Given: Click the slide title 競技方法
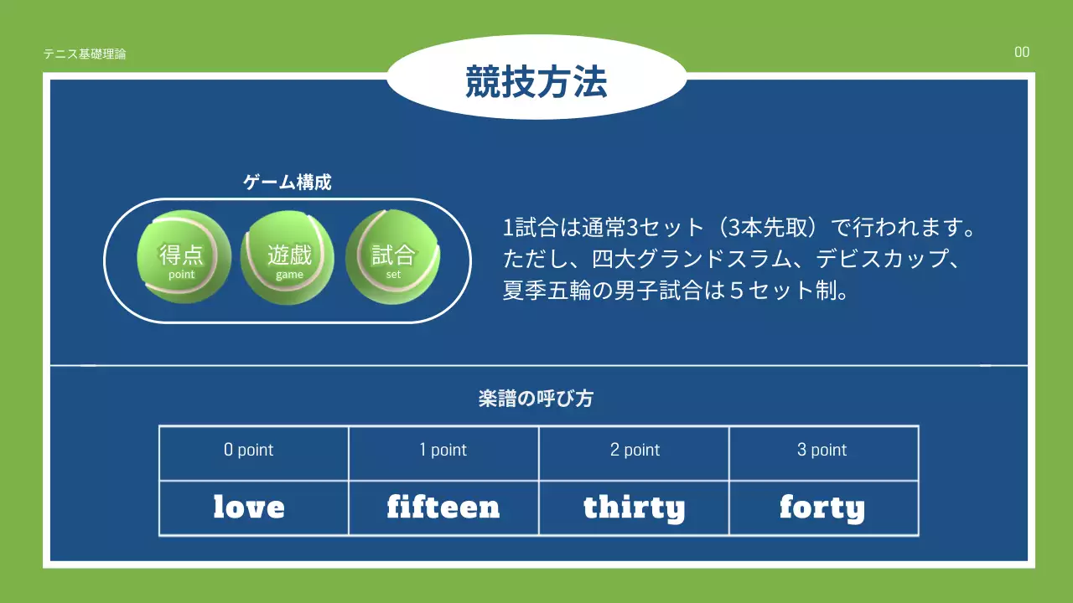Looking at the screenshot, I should [x=536, y=83].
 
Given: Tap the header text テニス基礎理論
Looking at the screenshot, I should [x=85, y=54].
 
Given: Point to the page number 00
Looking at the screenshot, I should [x=1022, y=53].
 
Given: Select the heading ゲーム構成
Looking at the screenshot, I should [x=288, y=183].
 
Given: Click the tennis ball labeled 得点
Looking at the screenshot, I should [x=183, y=256].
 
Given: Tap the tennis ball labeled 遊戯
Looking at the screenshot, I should [x=288, y=256].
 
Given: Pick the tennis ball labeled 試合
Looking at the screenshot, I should [x=393, y=256].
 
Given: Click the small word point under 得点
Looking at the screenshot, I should [x=181, y=275].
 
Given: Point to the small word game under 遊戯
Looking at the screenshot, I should [x=289, y=275].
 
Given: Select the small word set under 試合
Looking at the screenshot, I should [x=393, y=275].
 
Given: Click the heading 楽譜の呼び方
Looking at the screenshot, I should [x=536, y=399].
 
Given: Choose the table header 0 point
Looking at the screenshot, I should [x=249, y=451].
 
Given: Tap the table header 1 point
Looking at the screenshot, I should [x=443, y=451].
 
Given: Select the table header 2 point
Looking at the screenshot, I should [x=635, y=451].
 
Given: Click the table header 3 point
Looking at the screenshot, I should [x=822, y=451].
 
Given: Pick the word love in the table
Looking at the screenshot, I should [x=249, y=508].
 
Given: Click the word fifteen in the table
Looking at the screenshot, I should [x=443, y=508].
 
